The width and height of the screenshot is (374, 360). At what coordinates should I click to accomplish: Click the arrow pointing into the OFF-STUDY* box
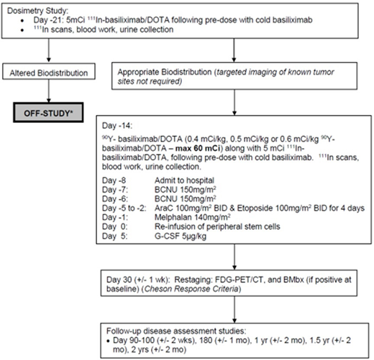pos(48,95)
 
